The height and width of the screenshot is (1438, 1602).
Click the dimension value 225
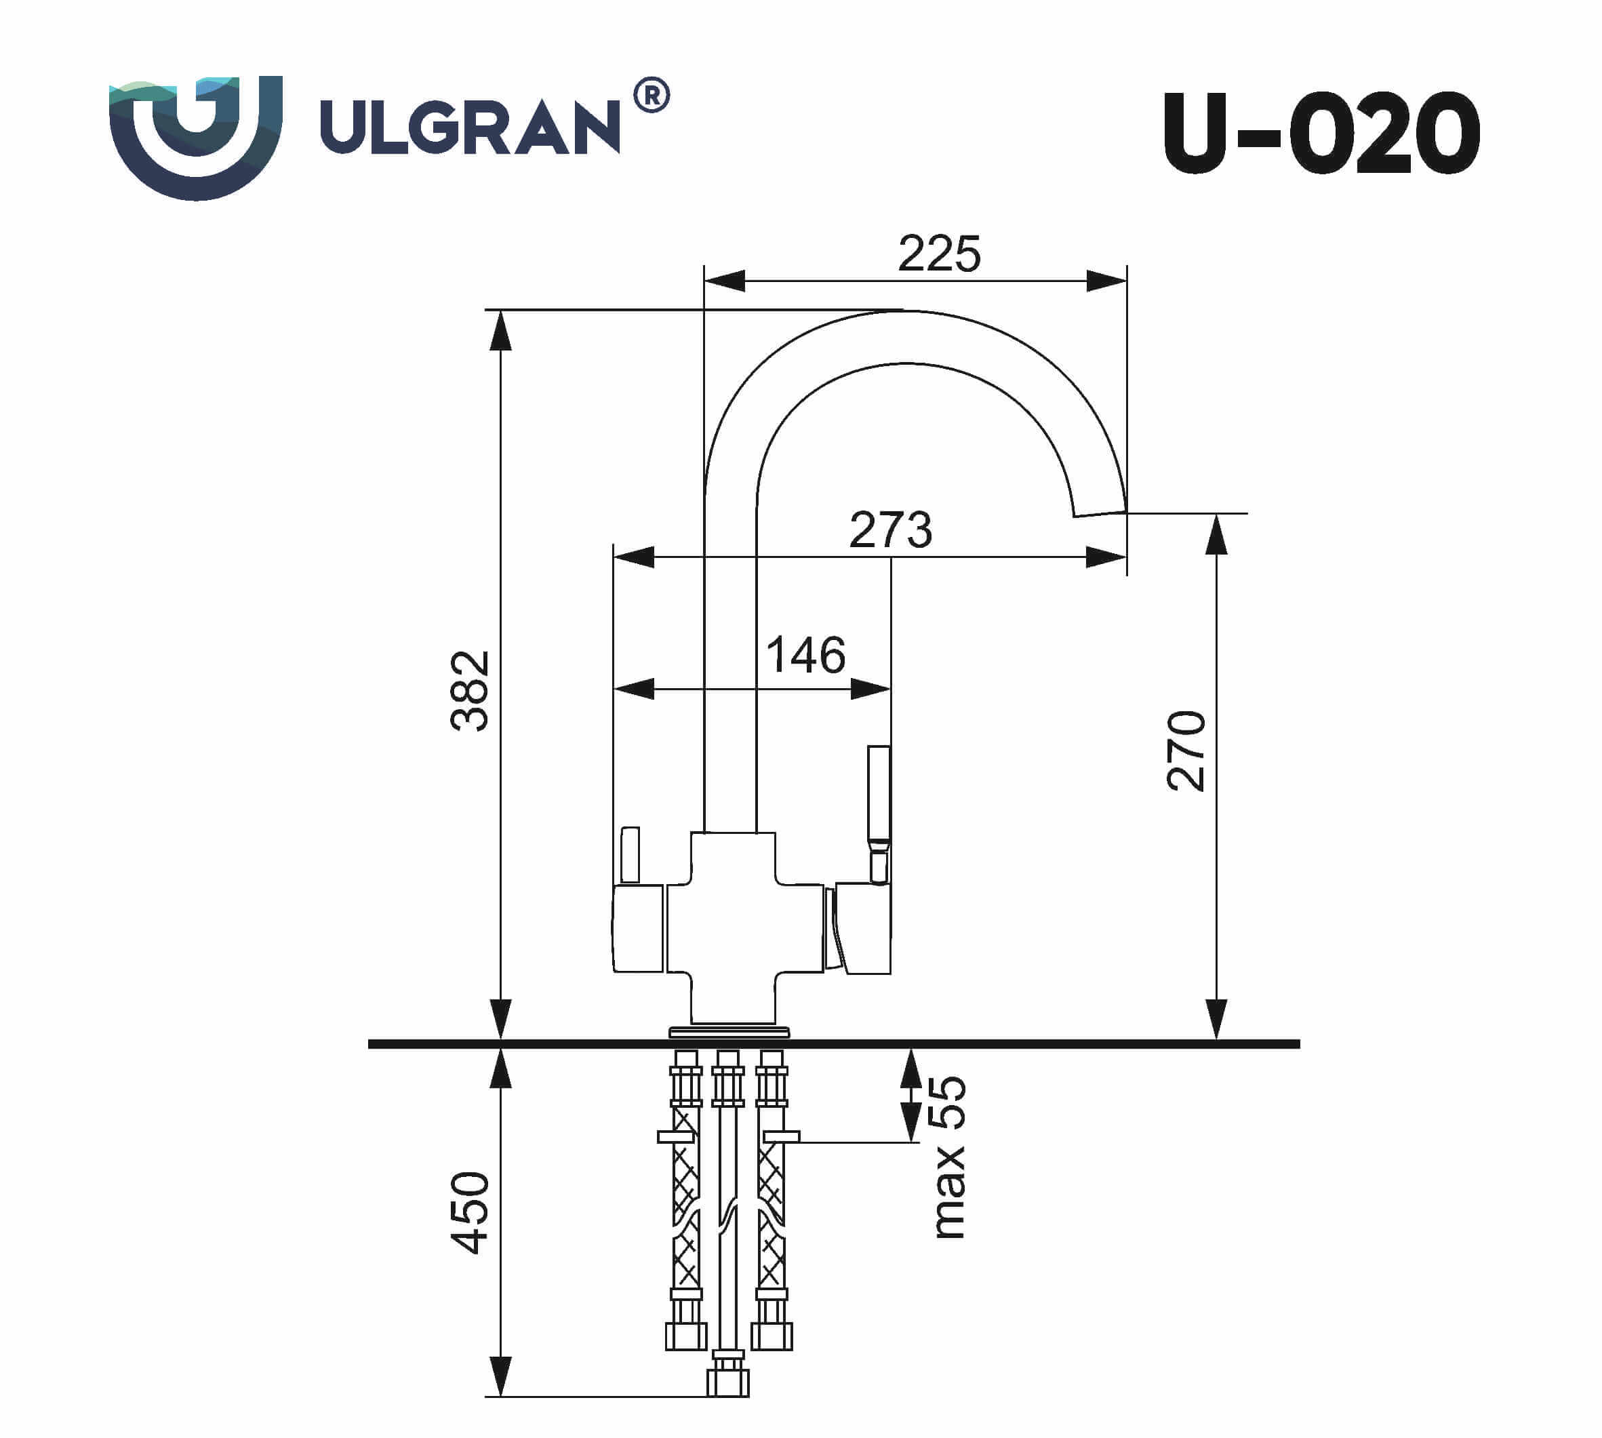[938, 254]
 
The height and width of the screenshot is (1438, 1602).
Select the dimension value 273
[890, 530]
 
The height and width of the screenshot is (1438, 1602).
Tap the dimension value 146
[805, 655]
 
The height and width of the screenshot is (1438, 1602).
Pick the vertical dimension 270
[1186, 751]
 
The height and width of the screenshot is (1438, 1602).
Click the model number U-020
[1321, 134]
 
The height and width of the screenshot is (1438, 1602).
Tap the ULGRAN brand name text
[470, 126]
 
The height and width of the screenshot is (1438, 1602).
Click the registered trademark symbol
[652, 96]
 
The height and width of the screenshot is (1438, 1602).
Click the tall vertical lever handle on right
[879, 794]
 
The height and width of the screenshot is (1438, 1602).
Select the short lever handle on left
[630, 854]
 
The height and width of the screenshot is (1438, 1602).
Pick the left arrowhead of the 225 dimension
[723, 281]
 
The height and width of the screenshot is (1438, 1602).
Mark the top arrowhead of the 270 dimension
[1216, 534]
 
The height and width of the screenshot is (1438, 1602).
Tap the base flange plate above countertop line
[729, 1032]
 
